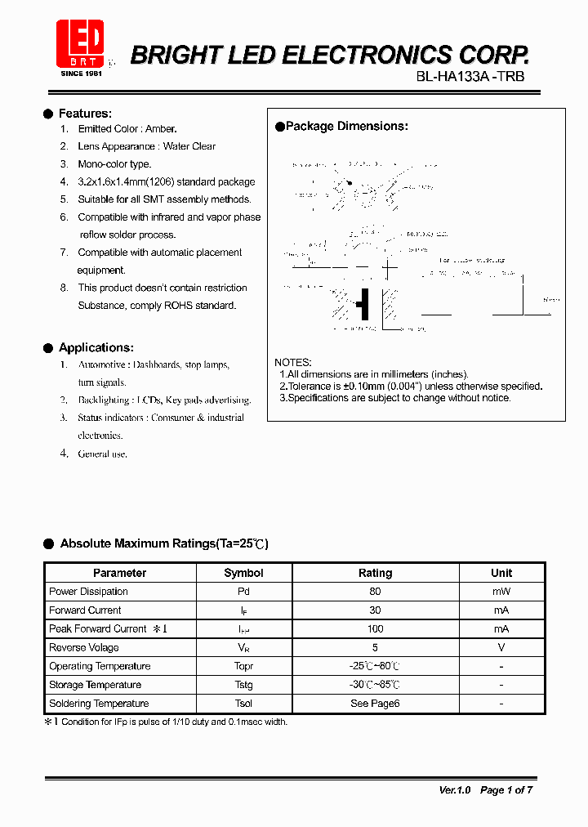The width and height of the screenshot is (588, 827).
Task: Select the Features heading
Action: pos(85,114)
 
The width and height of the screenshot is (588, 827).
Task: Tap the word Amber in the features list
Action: pos(161,129)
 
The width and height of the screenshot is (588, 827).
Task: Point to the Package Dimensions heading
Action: pos(346,127)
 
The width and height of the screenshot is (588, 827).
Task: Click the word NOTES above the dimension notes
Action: pos(292,362)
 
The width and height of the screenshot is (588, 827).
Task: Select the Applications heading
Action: pos(96,347)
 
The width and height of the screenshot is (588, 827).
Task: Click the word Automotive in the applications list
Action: pos(102,364)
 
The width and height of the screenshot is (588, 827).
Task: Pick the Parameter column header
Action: pos(119,573)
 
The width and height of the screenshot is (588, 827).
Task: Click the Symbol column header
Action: pos(243,573)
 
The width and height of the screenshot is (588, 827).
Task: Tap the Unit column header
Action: pos(501,573)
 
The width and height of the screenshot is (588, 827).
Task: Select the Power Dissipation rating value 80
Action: pos(375,592)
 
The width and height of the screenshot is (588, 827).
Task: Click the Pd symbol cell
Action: pos(243,592)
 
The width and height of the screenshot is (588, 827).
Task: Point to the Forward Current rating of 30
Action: pos(375,610)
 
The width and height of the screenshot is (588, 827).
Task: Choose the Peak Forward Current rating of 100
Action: pos(375,629)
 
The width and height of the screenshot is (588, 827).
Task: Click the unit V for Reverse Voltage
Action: pos(501,648)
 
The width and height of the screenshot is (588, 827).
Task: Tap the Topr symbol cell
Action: pos(243,667)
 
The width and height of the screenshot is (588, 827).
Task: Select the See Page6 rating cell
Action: pos(375,704)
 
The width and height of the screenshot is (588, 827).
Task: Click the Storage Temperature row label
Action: pos(95,685)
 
